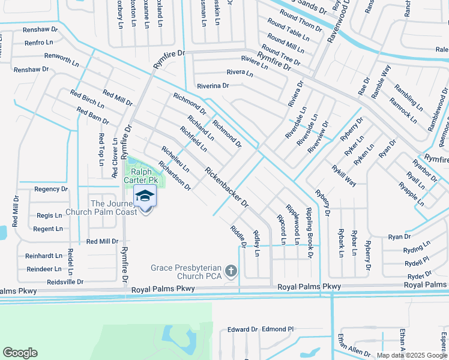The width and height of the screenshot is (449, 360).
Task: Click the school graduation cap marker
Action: (x=145, y=196)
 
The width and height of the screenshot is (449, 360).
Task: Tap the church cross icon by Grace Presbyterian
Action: (x=230, y=272)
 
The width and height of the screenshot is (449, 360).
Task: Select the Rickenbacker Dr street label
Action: (x=227, y=187)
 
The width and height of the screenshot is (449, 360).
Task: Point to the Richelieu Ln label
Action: (x=175, y=158)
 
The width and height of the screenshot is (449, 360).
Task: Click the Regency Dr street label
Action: (x=51, y=189)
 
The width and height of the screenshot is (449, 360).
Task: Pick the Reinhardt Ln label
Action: (x=43, y=256)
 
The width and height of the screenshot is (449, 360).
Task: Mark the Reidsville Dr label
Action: (x=65, y=281)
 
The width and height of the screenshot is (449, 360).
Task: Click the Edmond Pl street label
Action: (x=278, y=329)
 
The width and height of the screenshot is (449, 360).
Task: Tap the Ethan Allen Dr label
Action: (x=354, y=344)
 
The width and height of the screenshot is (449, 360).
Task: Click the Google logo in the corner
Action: (x=20, y=353)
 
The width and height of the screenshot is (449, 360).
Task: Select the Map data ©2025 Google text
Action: (x=411, y=355)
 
